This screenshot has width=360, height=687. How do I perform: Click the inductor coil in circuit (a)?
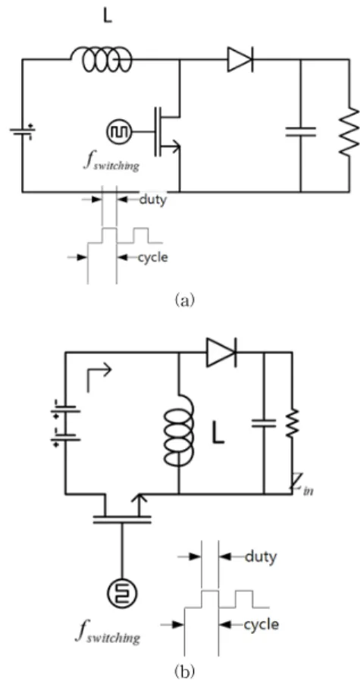coord(101,59)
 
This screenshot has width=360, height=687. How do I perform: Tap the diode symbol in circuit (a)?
coord(240,59)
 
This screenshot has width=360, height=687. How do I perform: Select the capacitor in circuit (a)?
coord(300,131)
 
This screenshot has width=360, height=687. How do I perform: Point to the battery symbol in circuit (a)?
coord(22,130)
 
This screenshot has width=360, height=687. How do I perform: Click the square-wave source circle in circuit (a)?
coord(117,131)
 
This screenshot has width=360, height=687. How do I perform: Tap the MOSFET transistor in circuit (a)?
coord(167,131)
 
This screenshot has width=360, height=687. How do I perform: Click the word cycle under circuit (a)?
coord(153,257)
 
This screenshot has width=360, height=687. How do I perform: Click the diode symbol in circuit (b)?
coord(221,352)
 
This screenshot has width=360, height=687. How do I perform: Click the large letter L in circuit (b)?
coord(218,431)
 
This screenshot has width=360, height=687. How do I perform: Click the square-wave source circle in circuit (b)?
coord(122,593)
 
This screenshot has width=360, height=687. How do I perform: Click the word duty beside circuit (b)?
coord(261,557)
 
